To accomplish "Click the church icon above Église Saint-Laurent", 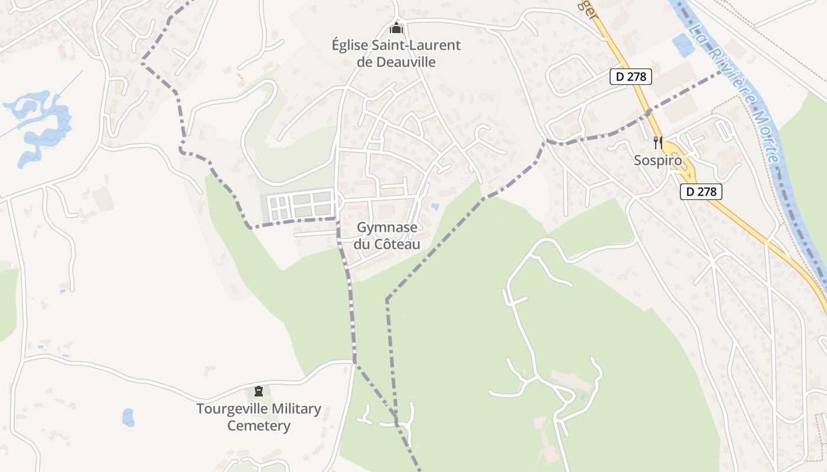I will pyautogui.click(x=396, y=28).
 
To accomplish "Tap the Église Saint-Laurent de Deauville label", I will pyautogui.click(x=396, y=53).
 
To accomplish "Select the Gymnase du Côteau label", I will pyautogui.click(x=387, y=235).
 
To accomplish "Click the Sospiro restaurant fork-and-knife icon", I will pyautogui.click(x=658, y=142).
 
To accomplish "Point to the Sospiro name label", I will pyautogui.click(x=658, y=160).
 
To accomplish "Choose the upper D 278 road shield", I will pyautogui.click(x=631, y=77).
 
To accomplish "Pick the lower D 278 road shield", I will pyautogui.click(x=701, y=191).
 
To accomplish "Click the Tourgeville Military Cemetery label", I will pyautogui.click(x=259, y=417).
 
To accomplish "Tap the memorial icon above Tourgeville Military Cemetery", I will pyautogui.click(x=258, y=391).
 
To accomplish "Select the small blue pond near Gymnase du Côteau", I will pyautogui.click(x=435, y=206).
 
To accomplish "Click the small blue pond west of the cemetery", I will pyautogui.click(x=128, y=417).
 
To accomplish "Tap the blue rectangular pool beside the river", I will pyautogui.click(x=684, y=45).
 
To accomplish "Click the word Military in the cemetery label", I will pyautogui.click(x=293, y=409).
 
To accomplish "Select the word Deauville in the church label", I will pyautogui.click(x=405, y=61).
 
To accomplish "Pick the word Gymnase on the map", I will pyautogui.click(x=387, y=227).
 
